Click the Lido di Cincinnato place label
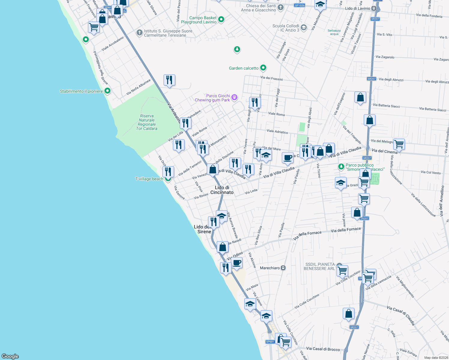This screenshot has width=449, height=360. click(222, 190)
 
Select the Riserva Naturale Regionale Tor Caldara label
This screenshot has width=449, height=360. click(146, 122)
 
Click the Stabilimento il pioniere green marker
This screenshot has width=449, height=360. click(107, 91)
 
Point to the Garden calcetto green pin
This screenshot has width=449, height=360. click(263, 68)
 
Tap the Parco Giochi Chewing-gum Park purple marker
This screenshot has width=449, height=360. click(234, 97)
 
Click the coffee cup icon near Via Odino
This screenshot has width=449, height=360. click(237, 263)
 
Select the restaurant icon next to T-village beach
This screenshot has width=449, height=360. click(168, 172)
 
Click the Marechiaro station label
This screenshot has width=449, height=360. click(270, 268)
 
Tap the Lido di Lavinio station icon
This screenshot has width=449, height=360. click(374, 8)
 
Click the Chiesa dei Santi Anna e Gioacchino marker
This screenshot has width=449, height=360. click(280, 7)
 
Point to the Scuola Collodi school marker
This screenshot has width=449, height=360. click(303, 28)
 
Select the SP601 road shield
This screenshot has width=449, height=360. click(270, 342)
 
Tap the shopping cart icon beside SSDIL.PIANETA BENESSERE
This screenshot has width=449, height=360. click(342, 270)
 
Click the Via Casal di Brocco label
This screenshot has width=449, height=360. click(323, 349)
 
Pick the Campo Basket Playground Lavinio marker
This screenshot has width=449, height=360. click(221, 19)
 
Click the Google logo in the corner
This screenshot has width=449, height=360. click(10, 356)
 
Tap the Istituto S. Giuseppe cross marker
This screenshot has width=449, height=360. click(139, 32)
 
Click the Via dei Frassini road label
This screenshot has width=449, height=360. click(271, 78)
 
